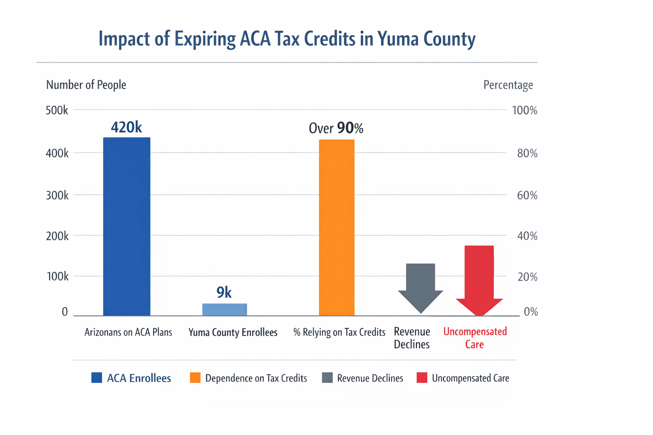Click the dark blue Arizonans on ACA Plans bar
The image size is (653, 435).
[x=127, y=226]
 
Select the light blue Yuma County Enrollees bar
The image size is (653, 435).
[x=224, y=309]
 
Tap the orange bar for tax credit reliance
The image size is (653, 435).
[x=336, y=227]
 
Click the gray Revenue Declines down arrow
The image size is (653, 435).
[x=420, y=285]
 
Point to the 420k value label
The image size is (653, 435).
[x=126, y=127]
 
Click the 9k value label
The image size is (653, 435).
[x=224, y=292]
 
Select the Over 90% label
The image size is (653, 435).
[x=336, y=128]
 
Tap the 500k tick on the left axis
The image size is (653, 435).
[x=57, y=110]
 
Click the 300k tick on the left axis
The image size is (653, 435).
[x=57, y=195]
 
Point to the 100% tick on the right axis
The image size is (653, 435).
[x=525, y=110]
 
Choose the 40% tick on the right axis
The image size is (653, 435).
[x=527, y=236]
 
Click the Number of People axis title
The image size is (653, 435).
[x=86, y=85]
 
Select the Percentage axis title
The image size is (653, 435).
[x=508, y=85]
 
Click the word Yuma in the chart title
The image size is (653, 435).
[x=397, y=39]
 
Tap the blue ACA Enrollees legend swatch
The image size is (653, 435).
[x=97, y=378]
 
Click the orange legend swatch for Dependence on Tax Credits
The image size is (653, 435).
[x=195, y=378]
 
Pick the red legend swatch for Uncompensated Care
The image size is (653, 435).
[x=422, y=378]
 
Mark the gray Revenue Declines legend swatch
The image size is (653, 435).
[x=327, y=378]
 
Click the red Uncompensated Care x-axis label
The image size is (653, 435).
[x=475, y=338]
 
